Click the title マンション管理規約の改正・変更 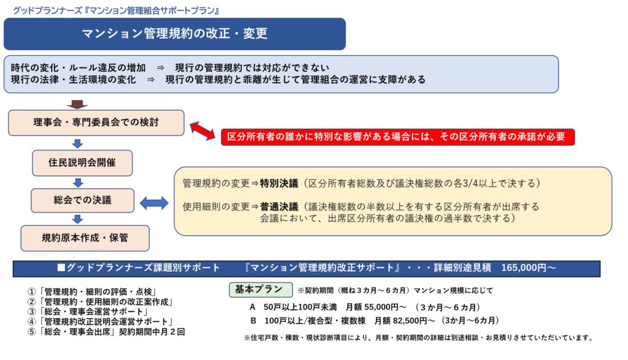175,34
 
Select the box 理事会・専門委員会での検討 96,123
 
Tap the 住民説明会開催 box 82,163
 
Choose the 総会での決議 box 82,200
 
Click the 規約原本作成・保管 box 85,238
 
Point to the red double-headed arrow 202,130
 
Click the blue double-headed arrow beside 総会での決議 154,202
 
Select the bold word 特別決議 279,183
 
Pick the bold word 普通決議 279,207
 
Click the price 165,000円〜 528,269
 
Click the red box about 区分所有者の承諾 397,137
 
